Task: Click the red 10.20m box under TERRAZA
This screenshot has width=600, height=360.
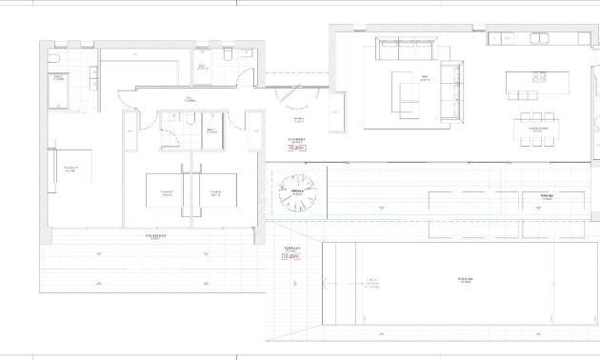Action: tap(290, 255)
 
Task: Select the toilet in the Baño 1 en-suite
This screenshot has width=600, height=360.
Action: tap(56, 58)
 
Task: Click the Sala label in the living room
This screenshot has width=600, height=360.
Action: tap(424, 78)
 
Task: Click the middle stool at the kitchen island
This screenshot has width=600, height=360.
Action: tap(523, 95)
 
